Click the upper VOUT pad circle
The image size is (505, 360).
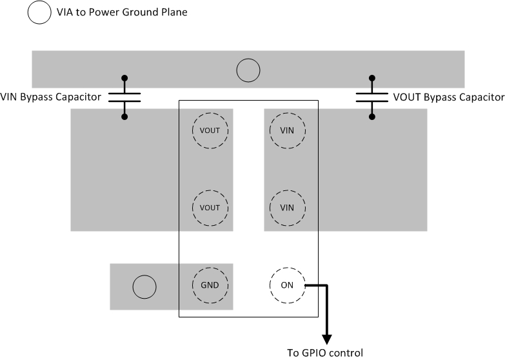[x=210, y=130]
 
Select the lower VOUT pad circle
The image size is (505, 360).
[x=210, y=208]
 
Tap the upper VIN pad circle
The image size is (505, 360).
[x=287, y=130]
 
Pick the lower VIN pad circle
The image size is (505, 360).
[x=287, y=208]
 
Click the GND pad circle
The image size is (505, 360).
[x=210, y=285]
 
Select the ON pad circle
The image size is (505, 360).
[x=287, y=285]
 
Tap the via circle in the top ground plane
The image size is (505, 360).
[x=248, y=70]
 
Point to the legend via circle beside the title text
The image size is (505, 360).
[x=39, y=12]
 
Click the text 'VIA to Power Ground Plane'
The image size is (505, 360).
[x=122, y=12]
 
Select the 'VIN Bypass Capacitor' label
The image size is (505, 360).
[x=51, y=97]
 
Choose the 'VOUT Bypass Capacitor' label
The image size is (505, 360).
[x=448, y=97]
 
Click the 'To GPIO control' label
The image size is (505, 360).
[x=325, y=353]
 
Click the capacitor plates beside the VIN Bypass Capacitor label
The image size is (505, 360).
[x=124, y=97]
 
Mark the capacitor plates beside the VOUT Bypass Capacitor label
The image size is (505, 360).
[x=371, y=97]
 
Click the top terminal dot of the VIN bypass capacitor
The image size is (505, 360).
[x=124, y=77]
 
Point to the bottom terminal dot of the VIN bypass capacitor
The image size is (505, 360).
[x=124, y=117]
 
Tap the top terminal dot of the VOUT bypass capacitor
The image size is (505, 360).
[x=371, y=77]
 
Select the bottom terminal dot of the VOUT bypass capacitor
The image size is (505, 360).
[x=371, y=117]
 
